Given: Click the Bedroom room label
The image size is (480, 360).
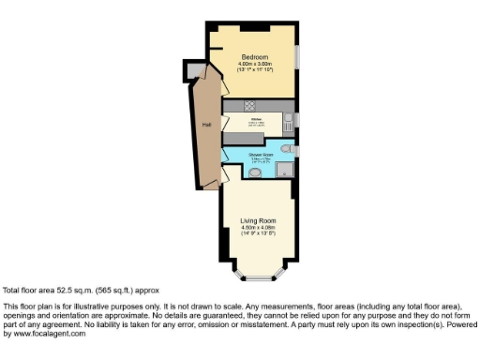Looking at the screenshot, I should tap(252, 55).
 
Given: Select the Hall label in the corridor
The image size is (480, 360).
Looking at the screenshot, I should tap(205, 125).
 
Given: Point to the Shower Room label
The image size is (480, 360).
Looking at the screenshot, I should tap(261, 154).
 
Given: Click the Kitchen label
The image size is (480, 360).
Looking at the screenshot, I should tap(255, 120).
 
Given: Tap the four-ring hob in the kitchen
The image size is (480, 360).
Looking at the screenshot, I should tap(250, 104).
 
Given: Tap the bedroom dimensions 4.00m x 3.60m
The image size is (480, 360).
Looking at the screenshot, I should tap(252, 63).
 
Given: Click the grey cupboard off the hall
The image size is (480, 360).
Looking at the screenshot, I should tap(194, 70).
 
